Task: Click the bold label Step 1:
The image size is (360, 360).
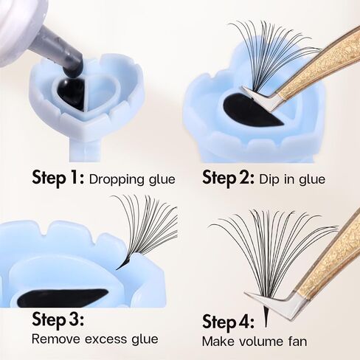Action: point(58,178)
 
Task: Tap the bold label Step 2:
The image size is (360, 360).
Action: point(228,178)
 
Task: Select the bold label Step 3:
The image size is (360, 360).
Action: point(58,319)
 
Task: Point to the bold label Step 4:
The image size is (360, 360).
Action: point(228,322)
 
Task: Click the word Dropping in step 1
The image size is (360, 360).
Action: point(117,180)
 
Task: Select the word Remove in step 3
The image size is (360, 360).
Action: point(56,339)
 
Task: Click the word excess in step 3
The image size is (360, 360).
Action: point(105,340)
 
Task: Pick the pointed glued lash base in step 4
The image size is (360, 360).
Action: point(266,316)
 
